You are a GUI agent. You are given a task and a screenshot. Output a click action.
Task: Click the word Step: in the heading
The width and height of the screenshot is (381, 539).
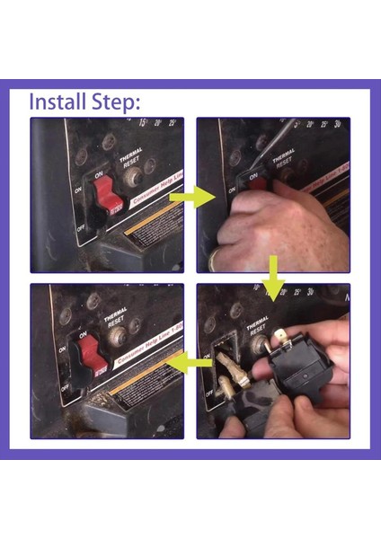click(x=115, y=102)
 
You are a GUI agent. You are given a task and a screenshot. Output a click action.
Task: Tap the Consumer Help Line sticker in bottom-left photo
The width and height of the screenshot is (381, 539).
click(x=144, y=354)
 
